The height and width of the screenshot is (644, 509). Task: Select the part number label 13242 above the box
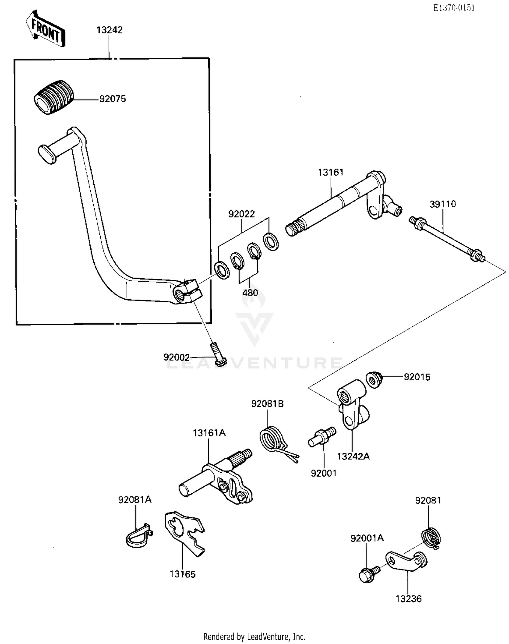click(109, 30)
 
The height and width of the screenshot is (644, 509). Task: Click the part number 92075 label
click(112, 99)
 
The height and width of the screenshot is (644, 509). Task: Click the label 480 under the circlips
click(250, 293)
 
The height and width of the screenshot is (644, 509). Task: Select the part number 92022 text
click(241, 214)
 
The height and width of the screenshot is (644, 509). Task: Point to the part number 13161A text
click(209, 433)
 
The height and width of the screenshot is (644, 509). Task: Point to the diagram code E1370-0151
click(454, 7)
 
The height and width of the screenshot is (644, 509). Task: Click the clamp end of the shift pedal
click(187, 291)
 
